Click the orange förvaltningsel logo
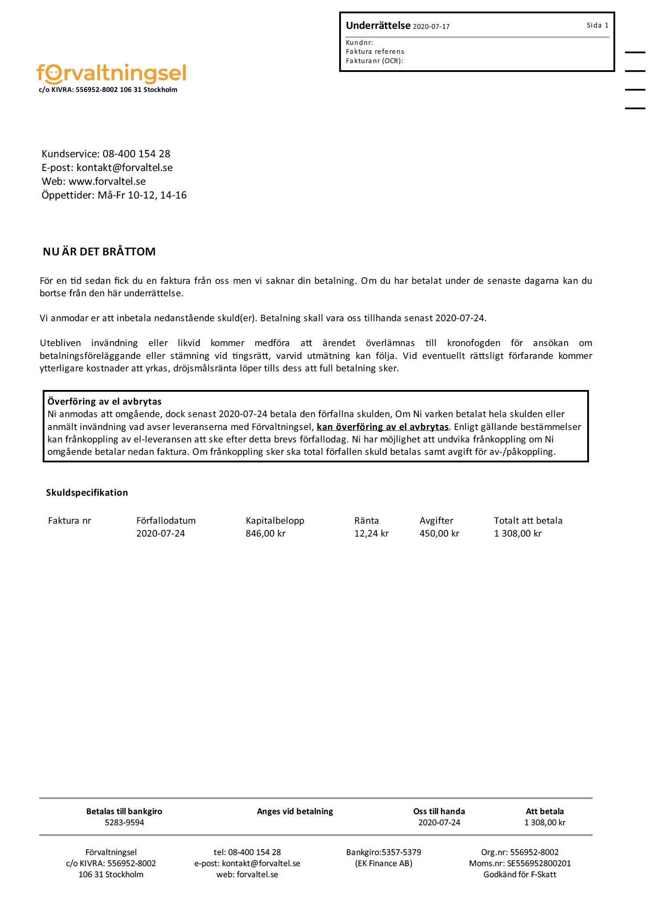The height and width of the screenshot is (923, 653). [x=111, y=74]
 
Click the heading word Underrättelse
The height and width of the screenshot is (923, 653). [x=378, y=26]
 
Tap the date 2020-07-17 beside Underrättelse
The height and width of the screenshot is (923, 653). [x=431, y=27]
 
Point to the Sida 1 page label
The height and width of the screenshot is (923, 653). [x=597, y=25]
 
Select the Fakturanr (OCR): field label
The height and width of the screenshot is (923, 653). [x=374, y=61]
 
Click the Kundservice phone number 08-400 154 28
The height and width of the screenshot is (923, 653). [x=136, y=154]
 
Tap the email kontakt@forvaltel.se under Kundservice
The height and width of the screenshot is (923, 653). [x=124, y=167]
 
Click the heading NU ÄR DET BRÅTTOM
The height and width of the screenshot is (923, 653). [x=99, y=251]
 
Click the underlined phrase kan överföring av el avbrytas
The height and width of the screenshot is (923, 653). [x=382, y=427]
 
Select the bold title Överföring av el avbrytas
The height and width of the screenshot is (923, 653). [x=104, y=402]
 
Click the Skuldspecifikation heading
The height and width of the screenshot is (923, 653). [x=87, y=493]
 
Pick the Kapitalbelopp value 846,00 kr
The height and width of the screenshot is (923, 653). [x=265, y=533]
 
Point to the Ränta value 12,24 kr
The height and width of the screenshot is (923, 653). [x=371, y=533]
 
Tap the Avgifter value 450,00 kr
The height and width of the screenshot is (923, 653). [x=439, y=533]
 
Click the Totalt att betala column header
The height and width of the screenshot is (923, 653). [x=528, y=521]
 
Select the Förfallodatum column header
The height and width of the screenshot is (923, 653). [x=166, y=521]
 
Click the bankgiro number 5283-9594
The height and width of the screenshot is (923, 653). [x=124, y=822]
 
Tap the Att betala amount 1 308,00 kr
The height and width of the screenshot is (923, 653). [x=545, y=822]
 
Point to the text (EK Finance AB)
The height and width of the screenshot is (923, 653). [x=384, y=863]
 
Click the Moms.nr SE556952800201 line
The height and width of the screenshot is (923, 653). [x=520, y=863]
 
